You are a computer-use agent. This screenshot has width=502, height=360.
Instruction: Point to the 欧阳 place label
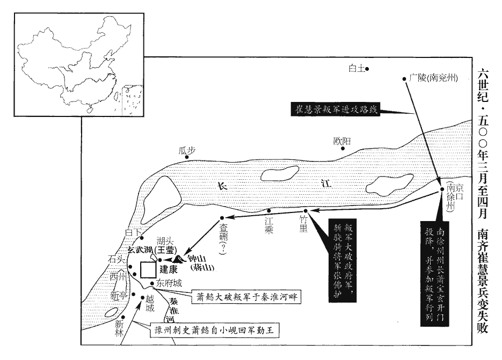click(342, 141)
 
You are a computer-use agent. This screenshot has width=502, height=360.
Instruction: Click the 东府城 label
click(170, 283)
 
